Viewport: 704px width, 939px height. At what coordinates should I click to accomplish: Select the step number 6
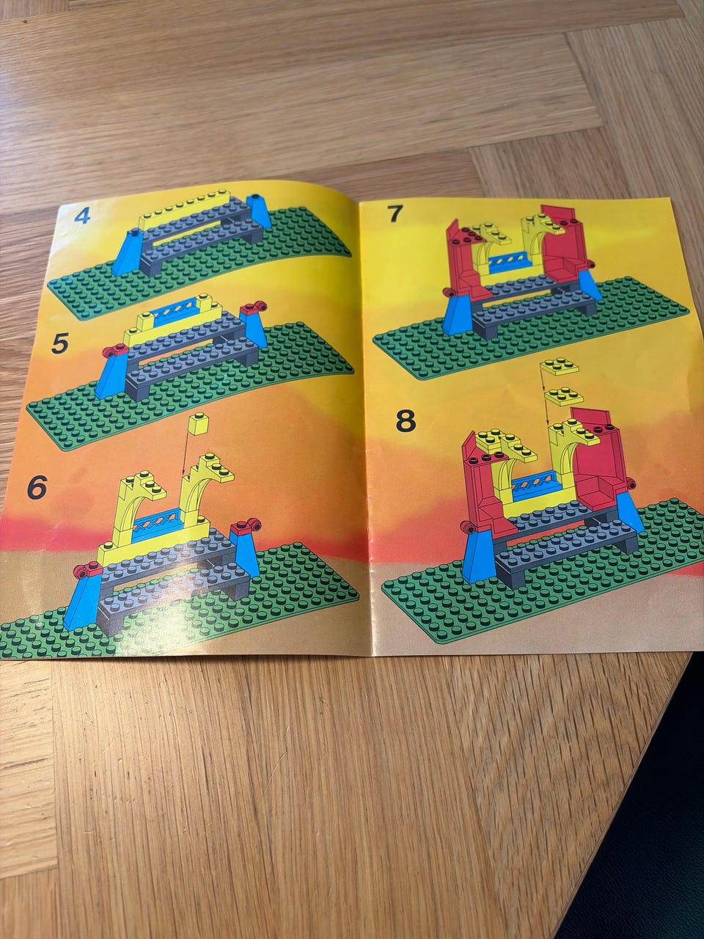click(37, 488)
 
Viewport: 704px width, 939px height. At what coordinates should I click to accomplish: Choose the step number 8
click(406, 421)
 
